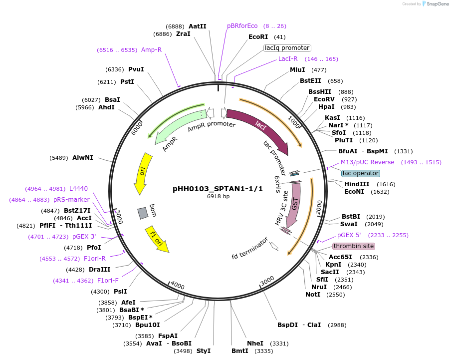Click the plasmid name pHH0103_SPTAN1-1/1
click(x=218, y=189)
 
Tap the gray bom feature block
click(x=143, y=213)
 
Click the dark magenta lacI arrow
click(x=259, y=130)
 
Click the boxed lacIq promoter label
click(x=287, y=48)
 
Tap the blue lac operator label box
click(x=360, y=173)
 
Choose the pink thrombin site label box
click(x=353, y=246)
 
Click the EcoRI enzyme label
click(x=258, y=37)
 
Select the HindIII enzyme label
click(x=357, y=184)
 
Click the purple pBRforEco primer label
click(x=242, y=26)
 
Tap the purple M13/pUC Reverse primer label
click(x=367, y=162)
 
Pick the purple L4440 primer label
click(x=78, y=189)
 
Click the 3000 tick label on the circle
click(x=267, y=281)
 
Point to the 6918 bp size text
click(x=218, y=197)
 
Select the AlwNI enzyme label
click(x=83, y=158)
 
